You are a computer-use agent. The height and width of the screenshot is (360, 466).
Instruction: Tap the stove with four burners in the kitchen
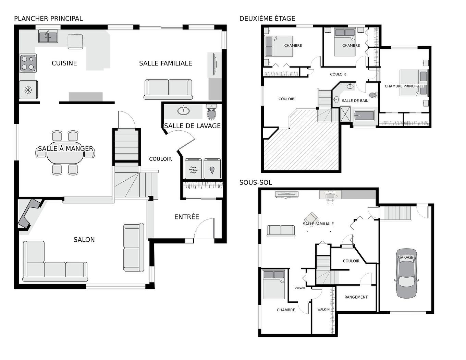28,63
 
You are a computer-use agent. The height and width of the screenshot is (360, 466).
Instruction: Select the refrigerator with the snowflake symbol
28,90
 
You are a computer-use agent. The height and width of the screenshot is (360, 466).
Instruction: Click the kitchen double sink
48,36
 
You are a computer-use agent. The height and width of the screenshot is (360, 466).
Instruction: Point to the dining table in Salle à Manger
65,155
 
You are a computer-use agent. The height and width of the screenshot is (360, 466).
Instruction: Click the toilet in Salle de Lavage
211,112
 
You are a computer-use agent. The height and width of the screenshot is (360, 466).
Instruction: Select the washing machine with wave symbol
193,169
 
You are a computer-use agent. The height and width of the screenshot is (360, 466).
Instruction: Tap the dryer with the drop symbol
212,169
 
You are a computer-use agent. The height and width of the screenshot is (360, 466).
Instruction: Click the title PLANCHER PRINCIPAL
48,19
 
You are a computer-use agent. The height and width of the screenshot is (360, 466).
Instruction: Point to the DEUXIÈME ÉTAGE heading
267,19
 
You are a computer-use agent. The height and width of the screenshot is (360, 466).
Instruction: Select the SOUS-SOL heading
256,182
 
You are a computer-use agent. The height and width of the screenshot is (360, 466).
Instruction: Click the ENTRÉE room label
187,217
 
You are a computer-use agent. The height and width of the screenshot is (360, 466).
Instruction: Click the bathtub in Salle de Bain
364,116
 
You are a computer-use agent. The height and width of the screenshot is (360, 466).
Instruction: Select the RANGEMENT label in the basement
356,297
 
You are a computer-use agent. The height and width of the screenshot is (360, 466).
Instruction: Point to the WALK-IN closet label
323,309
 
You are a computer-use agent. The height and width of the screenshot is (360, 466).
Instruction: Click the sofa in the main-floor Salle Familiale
168,89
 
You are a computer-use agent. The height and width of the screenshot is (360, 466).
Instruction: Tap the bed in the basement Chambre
274,284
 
